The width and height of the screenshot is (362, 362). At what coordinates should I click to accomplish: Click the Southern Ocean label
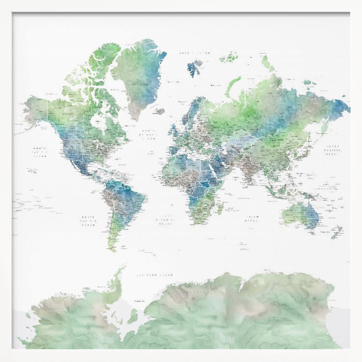[x=155, y=275]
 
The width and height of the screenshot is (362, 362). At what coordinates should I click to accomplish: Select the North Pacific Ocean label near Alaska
[x=39, y=152]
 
